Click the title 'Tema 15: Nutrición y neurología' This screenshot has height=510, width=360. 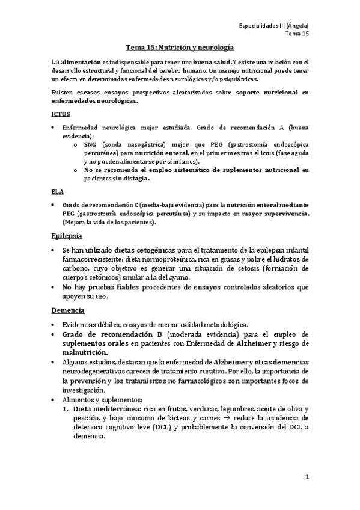(180, 46)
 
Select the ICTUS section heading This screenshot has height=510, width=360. (61, 113)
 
